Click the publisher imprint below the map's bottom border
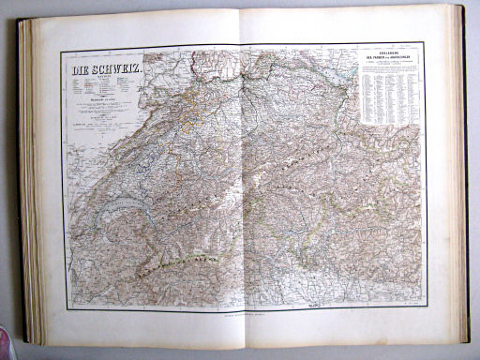tap(243, 317)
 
